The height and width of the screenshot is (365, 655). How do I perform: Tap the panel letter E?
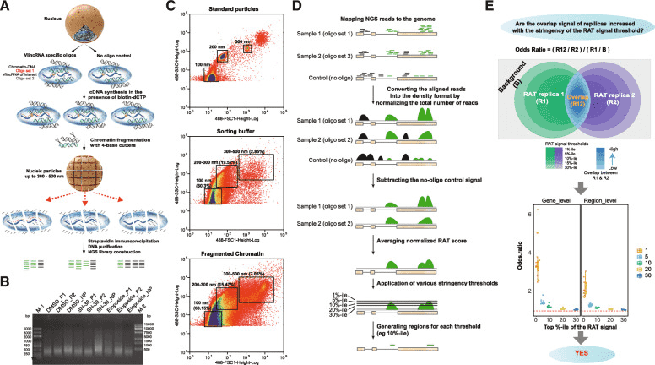tap(507, 8)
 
